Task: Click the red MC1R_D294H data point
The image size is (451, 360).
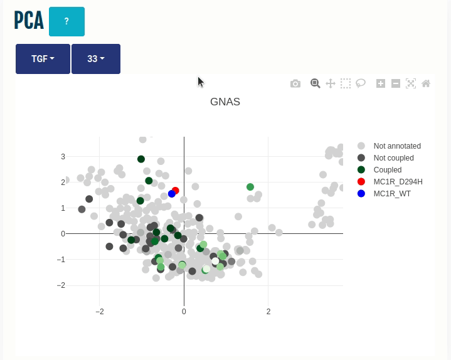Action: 176,191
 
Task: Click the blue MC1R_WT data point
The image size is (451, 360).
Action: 172,194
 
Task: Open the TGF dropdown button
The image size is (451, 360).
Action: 43,59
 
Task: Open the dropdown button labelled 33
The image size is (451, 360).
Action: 96,59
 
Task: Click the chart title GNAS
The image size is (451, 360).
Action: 225,102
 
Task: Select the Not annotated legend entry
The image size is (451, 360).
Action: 396,146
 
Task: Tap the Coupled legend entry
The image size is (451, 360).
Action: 387,170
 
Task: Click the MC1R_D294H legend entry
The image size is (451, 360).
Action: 398,182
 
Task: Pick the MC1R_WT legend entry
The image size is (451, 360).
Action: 392,194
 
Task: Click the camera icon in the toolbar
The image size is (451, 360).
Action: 295,83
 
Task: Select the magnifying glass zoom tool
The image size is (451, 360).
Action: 316,83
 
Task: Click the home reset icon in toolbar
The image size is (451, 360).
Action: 426,83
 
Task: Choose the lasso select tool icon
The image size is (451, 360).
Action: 361,83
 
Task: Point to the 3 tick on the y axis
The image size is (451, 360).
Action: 63,157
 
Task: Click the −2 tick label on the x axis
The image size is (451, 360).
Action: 100,312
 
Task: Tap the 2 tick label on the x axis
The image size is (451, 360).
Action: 268,312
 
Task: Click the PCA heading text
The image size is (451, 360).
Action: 29,21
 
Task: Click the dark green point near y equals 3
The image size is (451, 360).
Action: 141,159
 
